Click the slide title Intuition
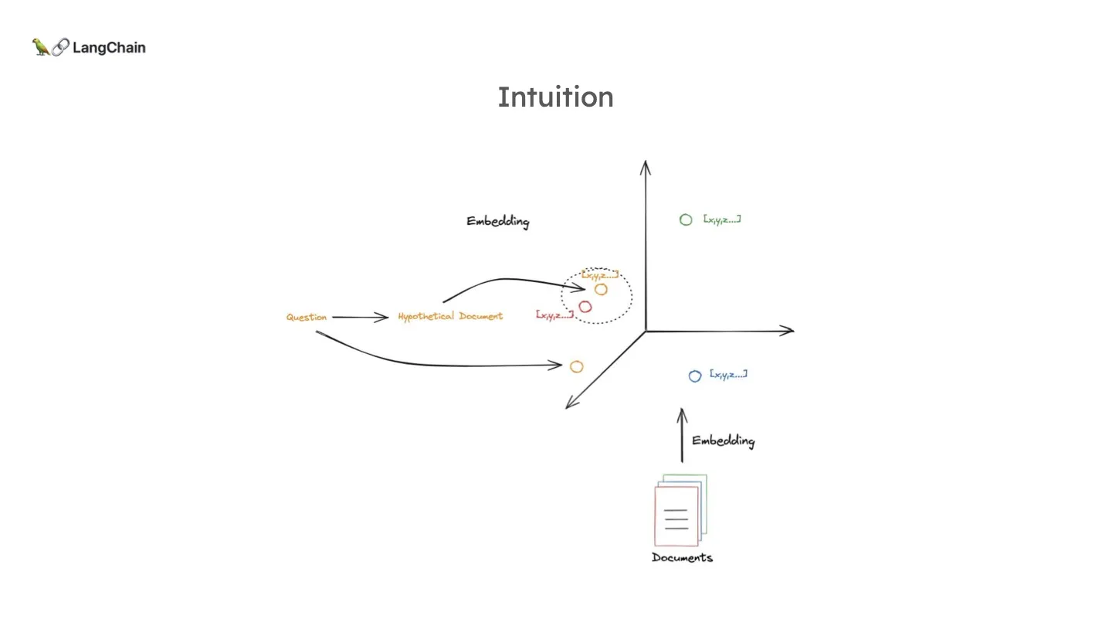(x=555, y=97)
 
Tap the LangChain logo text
(x=109, y=48)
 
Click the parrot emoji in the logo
(x=41, y=47)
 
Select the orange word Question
(x=307, y=318)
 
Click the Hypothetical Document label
(x=450, y=316)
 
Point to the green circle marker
(x=686, y=220)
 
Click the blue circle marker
(x=695, y=376)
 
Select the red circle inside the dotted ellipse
(x=585, y=307)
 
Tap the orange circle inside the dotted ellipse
(x=601, y=289)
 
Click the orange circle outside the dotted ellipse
(x=576, y=366)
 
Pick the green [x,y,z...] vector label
(x=722, y=219)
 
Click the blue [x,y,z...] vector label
(x=728, y=375)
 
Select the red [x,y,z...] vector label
(x=554, y=315)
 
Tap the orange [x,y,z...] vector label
(x=600, y=274)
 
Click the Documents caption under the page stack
(x=682, y=558)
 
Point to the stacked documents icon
(x=680, y=510)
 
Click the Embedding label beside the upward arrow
(x=723, y=441)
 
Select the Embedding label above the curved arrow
(x=498, y=222)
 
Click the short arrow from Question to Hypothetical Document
(x=361, y=317)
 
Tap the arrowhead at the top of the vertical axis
(x=646, y=165)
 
